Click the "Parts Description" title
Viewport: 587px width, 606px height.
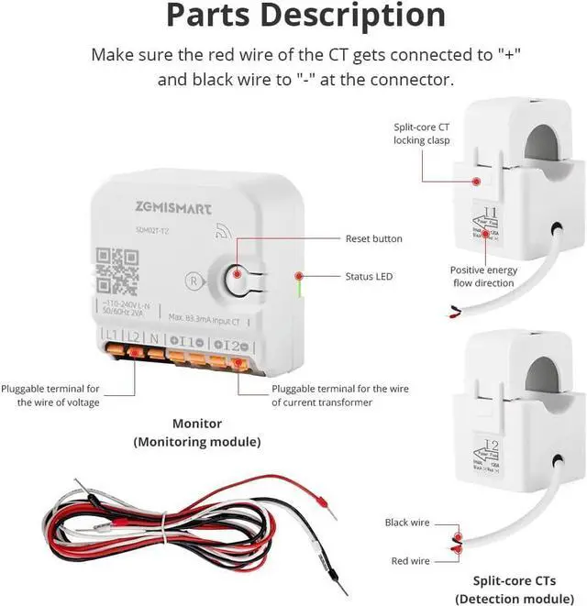[305, 17]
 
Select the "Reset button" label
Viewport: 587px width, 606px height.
[373, 239]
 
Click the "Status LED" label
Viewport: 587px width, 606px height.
[370, 276]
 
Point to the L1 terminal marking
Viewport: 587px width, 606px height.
[112, 337]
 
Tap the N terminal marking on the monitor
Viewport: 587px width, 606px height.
[155, 337]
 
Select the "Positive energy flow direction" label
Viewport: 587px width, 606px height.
[482, 277]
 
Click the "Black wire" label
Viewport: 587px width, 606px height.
[407, 523]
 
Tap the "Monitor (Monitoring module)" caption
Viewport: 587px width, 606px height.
[197, 433]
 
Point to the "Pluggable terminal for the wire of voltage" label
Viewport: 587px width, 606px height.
[50, 395]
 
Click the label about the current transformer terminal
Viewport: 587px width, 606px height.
[340, 395]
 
